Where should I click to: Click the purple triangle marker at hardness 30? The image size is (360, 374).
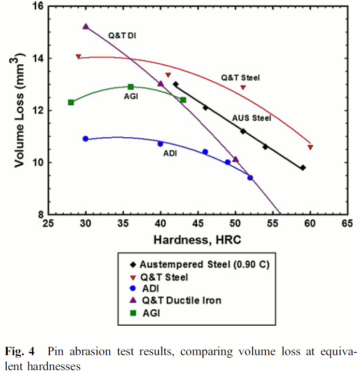point(86,27)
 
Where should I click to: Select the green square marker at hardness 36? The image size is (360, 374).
point(130,87)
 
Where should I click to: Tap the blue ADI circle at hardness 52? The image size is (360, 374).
point(250,178)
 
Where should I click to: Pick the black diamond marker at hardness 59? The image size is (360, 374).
point(302,168)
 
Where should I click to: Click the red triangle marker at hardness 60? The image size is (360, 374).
point(310,147)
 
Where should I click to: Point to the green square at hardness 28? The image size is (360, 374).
point(71,102)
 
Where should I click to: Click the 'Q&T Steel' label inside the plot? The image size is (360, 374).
point(241,77)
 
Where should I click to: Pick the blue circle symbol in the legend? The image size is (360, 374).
point(132,289)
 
